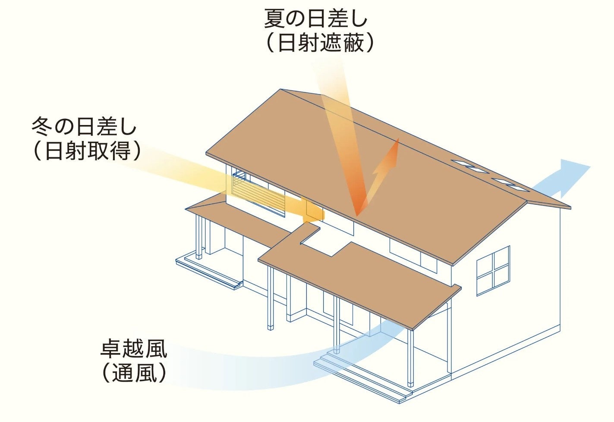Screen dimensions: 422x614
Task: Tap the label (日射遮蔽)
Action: click(x=320, y=44)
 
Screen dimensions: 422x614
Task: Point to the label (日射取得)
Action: click(x=87, y=151)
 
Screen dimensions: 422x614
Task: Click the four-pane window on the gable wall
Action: click(x=493, y=270)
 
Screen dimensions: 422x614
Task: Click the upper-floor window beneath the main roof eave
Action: click(x=412, y=254)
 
